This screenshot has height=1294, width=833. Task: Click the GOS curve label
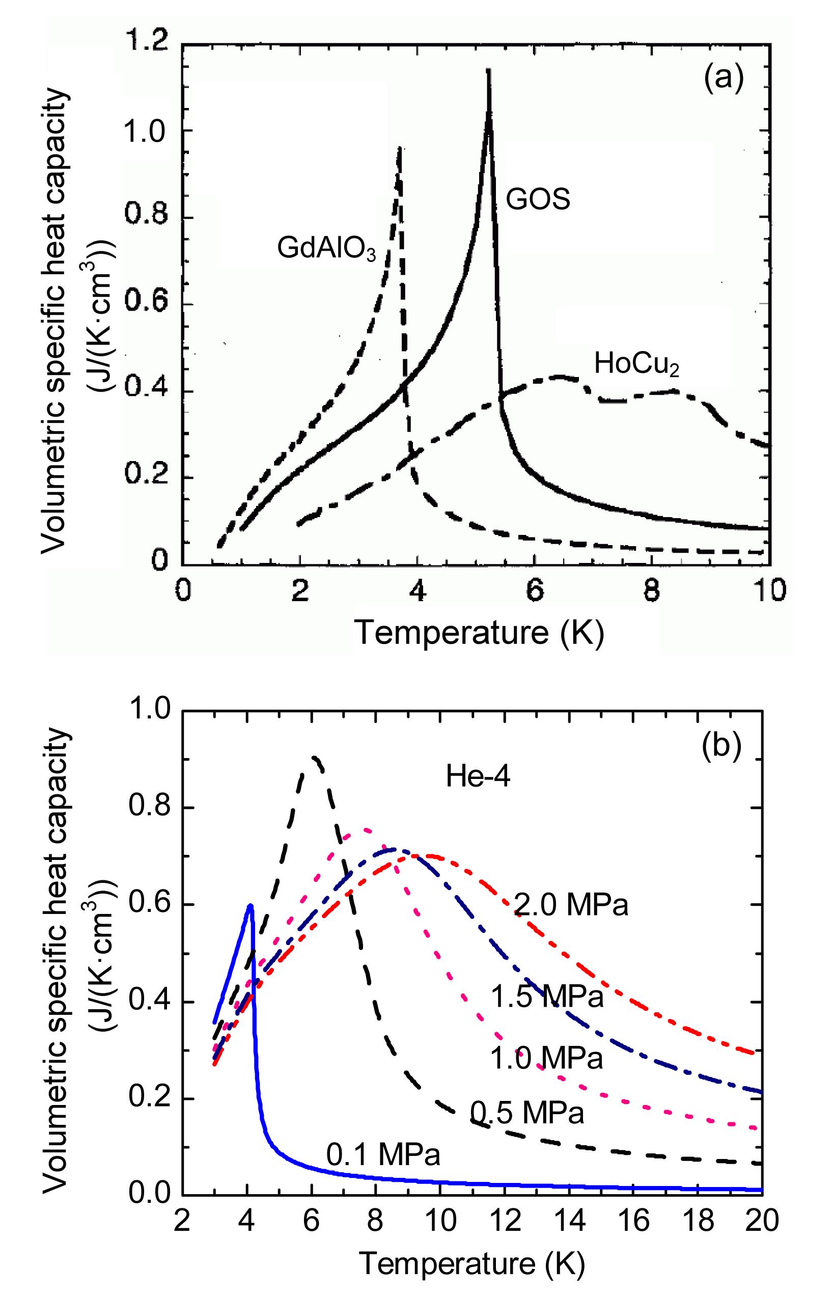tap(538, 200)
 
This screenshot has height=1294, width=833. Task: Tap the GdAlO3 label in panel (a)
tap(326, 249)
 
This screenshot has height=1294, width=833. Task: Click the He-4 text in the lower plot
tap(478, 778)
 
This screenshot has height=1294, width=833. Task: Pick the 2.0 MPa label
tap(571, 905)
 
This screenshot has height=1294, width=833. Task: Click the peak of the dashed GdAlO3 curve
tap(399, 148)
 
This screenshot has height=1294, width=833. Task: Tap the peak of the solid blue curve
tap(250, 905)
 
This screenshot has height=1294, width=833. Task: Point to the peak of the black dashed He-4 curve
tap(315, 757)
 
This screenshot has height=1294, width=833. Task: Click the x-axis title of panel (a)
tap(479, 633)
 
